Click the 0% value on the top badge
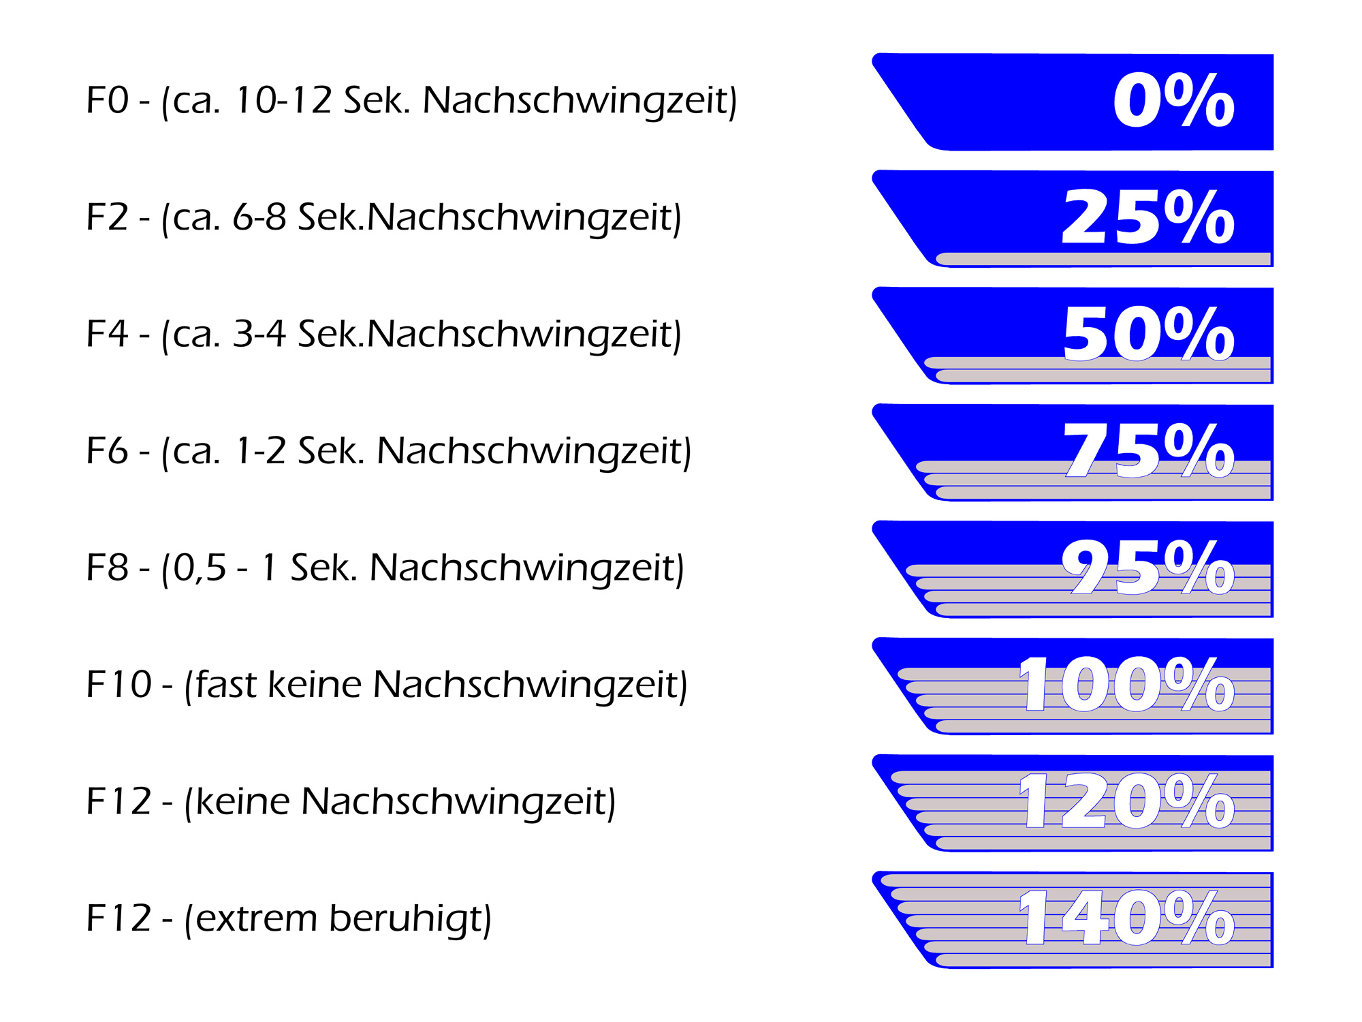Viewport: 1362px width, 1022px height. pyautogui.click(x=1173, y=101)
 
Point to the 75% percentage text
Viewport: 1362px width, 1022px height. pyautogui.click(x=1148, y=450)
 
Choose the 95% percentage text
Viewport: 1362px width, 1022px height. pyautogui.click(x=1148, y=568)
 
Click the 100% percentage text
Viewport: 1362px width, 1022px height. pyautogui.click(x=1126, y=684)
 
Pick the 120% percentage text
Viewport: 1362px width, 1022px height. pyautogui.click(x=1126, y=801)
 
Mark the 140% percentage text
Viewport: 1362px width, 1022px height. pyautogui.click(x=1126, y=918)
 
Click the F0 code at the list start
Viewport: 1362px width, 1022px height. pyautogui.click(x=107, y=100)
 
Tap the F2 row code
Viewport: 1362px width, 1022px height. pyautogui.click(x=107, y=217)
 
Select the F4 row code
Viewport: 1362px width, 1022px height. pyautogui.click(x=107, y=334)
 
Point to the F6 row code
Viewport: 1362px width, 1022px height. pyautogui.click(x=107, y=451)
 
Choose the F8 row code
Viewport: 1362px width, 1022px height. pyautogui.click(x=107, y=568)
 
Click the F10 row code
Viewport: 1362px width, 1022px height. pyautogui.click(x=118, y=684)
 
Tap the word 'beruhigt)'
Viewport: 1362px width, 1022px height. pyautogui.click(x=410, y=918)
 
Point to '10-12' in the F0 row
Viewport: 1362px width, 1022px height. pyautogui.click(x=283, y=100)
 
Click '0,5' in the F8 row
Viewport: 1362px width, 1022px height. pyautogui.click(x=200, y=568)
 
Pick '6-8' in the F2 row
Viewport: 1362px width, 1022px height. pyautogui.click(x=259, y=217)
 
